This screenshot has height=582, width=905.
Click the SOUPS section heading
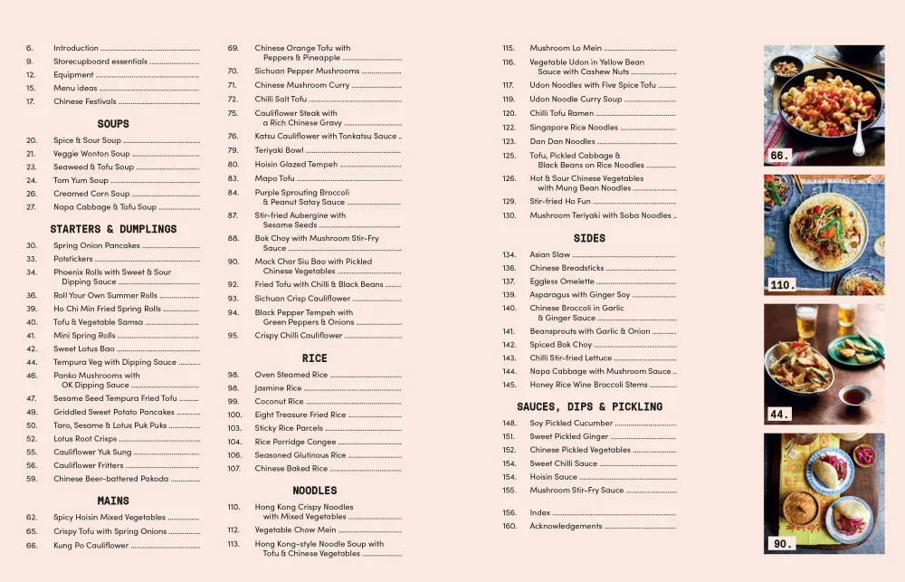(113, 123)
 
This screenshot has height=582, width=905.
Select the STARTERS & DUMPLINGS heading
(113, 229)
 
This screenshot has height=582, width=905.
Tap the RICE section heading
(314, 358)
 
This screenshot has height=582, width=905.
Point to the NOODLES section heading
(314, 491)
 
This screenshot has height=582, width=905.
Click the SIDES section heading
(589, 238)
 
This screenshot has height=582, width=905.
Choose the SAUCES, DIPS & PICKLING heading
(589, 407)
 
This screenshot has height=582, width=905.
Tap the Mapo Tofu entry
(275, 178)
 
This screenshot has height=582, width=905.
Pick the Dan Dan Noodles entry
(562, 141)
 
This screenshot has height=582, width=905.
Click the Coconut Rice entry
(279, 401)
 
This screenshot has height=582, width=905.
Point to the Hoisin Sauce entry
(553, 477)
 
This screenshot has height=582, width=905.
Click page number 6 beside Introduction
(29, 48)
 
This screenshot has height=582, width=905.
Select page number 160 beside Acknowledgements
(510, 526)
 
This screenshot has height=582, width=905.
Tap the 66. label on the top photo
(779, 156)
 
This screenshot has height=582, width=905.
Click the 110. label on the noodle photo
(782, 285)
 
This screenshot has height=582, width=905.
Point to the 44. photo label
(779, 414)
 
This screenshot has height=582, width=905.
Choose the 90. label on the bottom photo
(781, 544)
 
